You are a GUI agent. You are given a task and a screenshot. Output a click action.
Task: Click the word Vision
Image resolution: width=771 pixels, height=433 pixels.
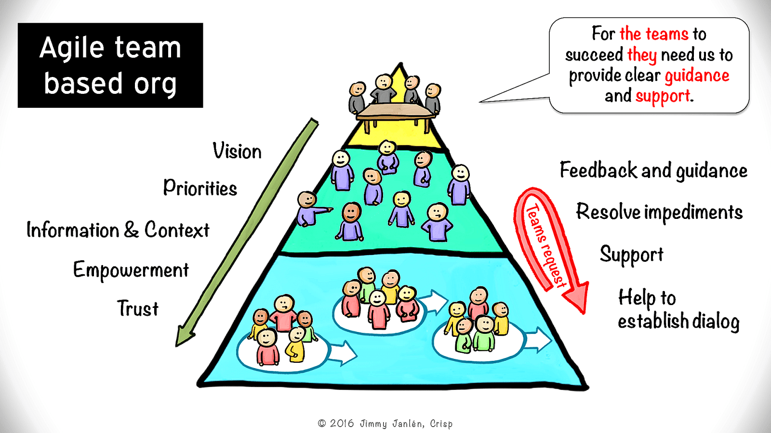coord(237,151)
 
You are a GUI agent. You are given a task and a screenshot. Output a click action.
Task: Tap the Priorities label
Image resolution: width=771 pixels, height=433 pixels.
coord(200,188)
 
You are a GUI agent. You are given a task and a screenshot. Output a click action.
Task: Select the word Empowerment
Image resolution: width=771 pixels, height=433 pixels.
coord(131,270)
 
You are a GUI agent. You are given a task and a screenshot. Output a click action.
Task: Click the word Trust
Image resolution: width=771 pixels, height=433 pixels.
coord(138,308)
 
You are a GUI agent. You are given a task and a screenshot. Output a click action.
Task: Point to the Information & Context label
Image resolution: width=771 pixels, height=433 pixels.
coord(118,230)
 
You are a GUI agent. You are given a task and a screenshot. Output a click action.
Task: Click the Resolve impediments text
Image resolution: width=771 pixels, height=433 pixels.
coord(659,212)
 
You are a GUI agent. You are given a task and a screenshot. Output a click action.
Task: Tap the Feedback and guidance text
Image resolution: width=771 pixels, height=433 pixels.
coord(653,171)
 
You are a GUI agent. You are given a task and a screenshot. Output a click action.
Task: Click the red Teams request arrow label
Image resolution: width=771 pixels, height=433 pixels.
coord(545,245)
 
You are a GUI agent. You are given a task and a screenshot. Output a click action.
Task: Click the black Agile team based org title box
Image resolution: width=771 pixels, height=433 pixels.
coord(110,65)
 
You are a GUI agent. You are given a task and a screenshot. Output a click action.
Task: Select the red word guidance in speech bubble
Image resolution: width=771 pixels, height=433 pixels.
coord(697,76)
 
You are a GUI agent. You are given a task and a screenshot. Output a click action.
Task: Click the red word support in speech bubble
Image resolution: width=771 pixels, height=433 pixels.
coord(663,96)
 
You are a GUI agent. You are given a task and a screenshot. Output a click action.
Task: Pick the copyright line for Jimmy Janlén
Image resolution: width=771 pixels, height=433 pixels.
coord(385,424)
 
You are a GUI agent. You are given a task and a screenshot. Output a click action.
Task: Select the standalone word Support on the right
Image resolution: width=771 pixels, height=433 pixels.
coord(631,255)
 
